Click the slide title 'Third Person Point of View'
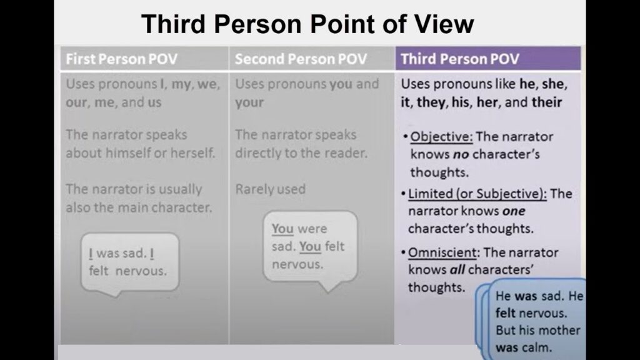307,24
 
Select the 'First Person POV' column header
122,59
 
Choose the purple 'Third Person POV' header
460,59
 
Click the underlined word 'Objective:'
438,137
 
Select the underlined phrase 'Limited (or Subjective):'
477,194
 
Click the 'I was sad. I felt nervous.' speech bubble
129,262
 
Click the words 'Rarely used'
270,189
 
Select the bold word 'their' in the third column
546,102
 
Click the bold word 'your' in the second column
249,102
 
